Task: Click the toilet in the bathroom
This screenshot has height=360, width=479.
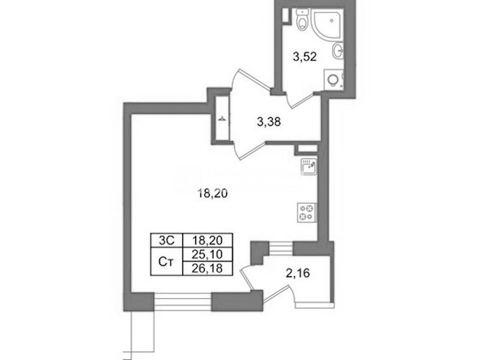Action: coord(303,20)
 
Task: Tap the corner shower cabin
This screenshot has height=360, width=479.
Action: coord(329,23)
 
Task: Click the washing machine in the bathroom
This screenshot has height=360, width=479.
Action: coord(334,80)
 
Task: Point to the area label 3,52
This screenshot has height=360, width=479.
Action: coord(305,57)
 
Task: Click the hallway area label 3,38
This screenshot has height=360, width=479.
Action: coord(269,122)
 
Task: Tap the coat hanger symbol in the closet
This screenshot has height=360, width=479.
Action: coord(222,118)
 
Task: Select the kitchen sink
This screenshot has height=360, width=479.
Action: coord(309,167)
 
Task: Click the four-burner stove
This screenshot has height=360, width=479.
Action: coord(307,212)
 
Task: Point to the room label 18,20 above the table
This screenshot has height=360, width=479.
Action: coord(213,193)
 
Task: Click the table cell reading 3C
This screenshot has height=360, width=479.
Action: coord(167,241)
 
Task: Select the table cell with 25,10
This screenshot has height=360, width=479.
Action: coord(207,254)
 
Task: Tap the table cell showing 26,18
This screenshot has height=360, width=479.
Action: coord(207,268)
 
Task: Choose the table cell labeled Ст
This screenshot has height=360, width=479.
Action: coord(167,262)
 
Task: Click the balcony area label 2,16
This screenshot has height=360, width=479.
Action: coord(298,272)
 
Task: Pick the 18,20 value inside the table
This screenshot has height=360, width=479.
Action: coord(207,241)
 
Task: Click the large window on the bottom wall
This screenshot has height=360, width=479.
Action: coord(183,302)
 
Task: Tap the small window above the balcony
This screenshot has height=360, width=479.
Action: coord(282,248)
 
